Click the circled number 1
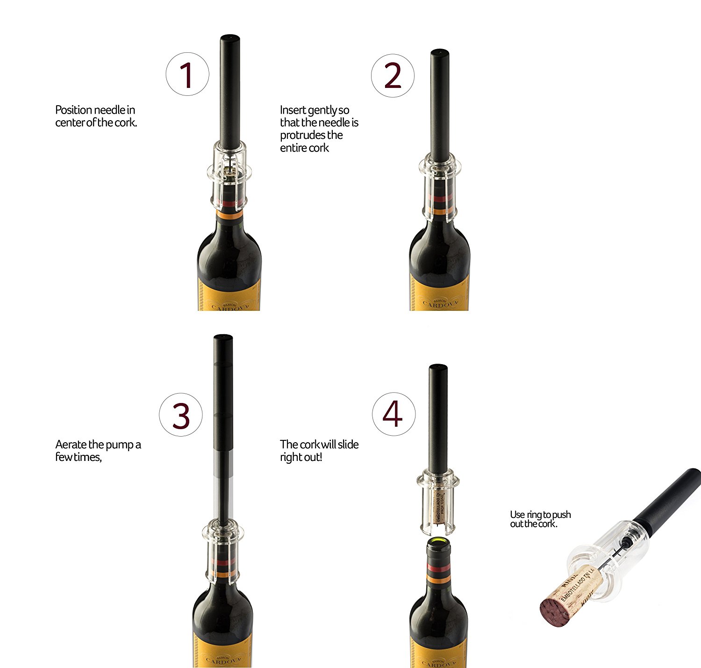coord(187,74)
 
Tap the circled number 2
coord(393,75)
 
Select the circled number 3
coord(181,415)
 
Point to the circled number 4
coord(393,414)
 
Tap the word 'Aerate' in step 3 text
coord(70,444)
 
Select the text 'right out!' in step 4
coord(300,457)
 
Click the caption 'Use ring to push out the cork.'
coord(540,519)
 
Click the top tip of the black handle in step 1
coord(229,37)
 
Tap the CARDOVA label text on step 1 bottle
coord(229,306)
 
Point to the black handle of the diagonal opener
coord(668,496)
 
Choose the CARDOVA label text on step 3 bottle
coord(223,661)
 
